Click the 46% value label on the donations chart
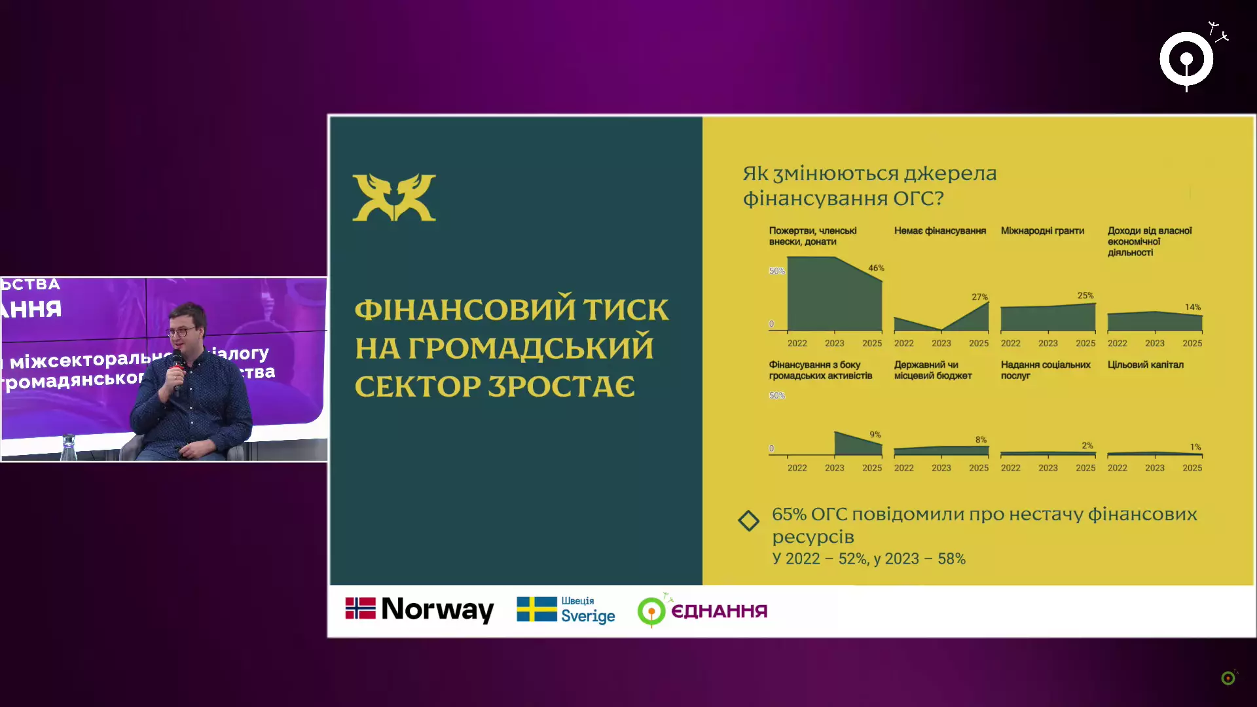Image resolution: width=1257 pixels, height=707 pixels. tap(876, 268)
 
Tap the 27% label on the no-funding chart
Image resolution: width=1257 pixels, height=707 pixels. tap(979, 297)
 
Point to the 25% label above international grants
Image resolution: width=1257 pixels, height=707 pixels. tap(1085, 295)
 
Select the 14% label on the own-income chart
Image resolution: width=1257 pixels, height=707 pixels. tap(1192, 307)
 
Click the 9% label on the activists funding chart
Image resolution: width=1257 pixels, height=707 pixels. tap(875, 434)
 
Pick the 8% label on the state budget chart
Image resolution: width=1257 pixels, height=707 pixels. tap(981, 439)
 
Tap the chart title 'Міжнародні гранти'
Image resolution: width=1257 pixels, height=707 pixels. tap(1042, 230)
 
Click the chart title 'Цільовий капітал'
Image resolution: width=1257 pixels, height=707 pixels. tap(1145, 365)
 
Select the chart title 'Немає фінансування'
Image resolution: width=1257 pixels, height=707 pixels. tap(939, 230)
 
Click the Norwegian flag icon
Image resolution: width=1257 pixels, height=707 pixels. tap(360, 608)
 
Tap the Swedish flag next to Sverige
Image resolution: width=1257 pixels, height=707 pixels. tap(536, 609)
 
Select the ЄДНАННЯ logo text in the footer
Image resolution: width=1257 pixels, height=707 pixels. tap(719, 611)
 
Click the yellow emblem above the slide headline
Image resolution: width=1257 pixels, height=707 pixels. tap(394, 197)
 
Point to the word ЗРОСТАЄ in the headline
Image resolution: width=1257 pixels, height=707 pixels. tap(561, 386)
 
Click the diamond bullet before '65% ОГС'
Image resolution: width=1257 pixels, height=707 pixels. tap(748, 521)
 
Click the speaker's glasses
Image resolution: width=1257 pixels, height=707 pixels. tap(181, 332)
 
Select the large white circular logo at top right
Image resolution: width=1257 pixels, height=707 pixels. tap(1186, 59)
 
